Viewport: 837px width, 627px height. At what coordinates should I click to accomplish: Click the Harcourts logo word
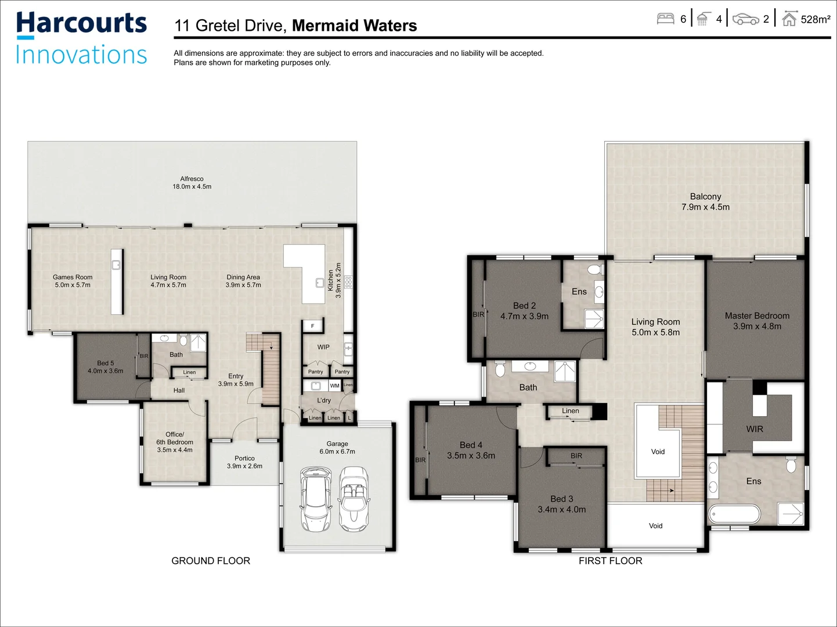(81, 24)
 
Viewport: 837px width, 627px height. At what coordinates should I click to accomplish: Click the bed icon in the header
(665, 19)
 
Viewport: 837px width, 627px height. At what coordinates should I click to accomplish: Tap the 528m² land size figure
(815, 20)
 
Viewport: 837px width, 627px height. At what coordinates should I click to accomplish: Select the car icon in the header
(745, 20)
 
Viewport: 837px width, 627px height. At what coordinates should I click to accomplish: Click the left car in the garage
(315, 499)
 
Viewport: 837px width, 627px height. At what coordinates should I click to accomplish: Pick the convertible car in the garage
(354, 499)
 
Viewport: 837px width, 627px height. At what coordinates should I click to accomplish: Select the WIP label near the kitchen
(323, 347)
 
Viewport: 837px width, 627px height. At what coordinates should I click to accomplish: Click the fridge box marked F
(312, 326)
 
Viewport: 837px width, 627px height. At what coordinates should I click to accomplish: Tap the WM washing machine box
(334, 386)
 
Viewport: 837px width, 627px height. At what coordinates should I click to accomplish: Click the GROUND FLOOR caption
(211, 561)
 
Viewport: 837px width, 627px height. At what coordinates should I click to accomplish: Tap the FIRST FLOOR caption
(610, 561)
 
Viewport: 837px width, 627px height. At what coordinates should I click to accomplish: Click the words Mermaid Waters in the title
(354, 26)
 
